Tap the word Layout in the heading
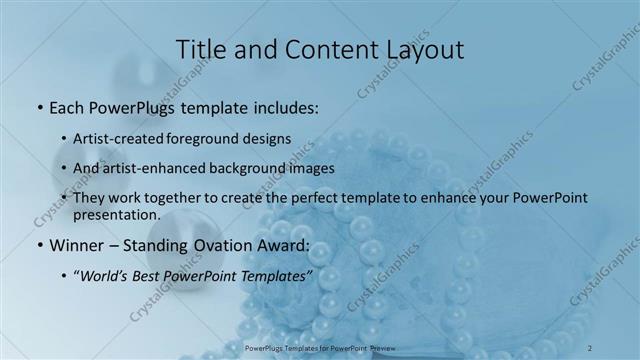421,49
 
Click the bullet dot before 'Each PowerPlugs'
39,106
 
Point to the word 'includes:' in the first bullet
286,106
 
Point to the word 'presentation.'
117,215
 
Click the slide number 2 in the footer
591,347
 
